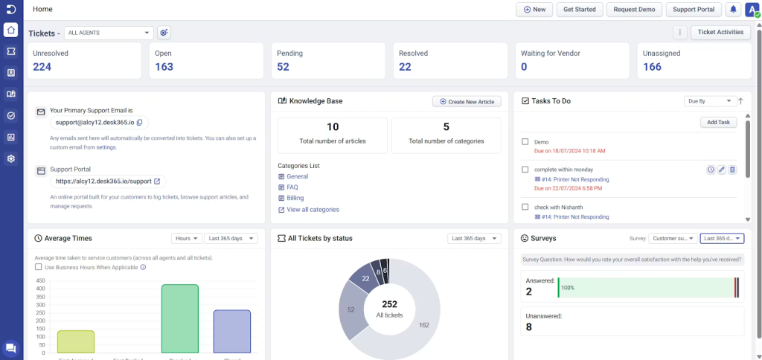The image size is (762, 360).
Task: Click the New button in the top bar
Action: (x=534, y=10)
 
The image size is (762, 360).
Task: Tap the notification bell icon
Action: (x=733, y=10)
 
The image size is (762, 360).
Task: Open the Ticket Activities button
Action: (x=720, y=32)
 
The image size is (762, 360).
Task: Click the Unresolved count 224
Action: (x=42, y=67)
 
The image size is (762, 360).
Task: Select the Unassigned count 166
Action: (x=653, y=67)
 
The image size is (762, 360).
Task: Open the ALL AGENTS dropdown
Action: (x=109, y=33)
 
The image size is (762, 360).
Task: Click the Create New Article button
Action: (x=467, y=101)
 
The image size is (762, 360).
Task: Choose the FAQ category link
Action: (x=292, y=187)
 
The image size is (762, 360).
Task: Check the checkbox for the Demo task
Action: (x=525, y=141)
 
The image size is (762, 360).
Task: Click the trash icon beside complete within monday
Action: (x=732, y=170)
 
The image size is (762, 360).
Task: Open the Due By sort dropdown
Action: (x=708, y=101)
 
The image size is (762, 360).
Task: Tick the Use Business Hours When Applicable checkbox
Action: (x=39, y=267)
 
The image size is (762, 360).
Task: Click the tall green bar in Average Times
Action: (x=180, y=318)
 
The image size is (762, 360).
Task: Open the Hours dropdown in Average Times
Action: (x=186, y=239)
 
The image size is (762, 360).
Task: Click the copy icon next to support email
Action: (x=139, y=122)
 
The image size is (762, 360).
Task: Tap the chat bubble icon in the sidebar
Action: (x=10, y=348)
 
